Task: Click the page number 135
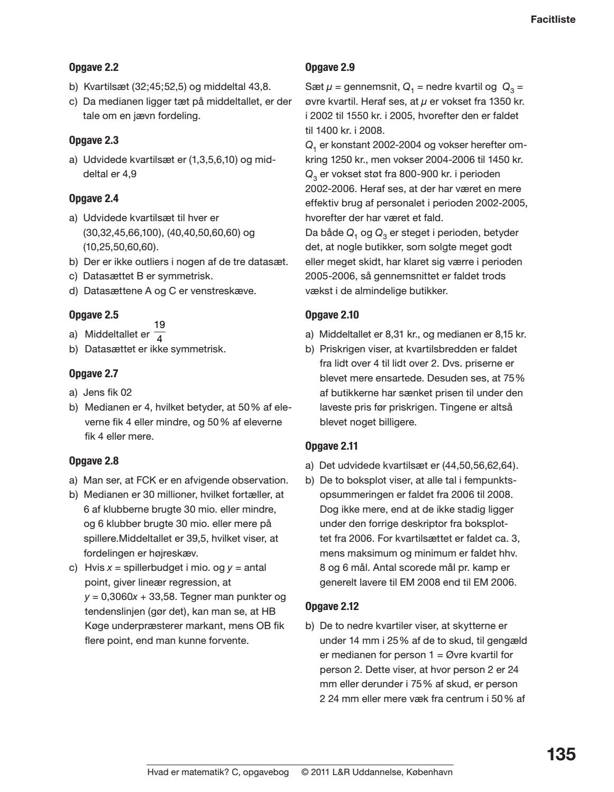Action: [x=561, y=754]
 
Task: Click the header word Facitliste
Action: [x=553, y=20]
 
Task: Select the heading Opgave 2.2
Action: [x=94, y=67]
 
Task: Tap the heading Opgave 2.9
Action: [x=330, y=67]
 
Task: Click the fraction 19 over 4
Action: [x=159, y=331]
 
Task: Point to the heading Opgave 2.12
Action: [x=332, y=606]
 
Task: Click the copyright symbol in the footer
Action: [x=305, y=772]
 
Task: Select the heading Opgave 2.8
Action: [x=94, y=461]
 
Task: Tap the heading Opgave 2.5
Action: [x=94, y=315]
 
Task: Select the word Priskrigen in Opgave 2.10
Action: [x=342, y=349]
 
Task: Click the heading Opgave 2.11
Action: [x=332, y=446]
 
